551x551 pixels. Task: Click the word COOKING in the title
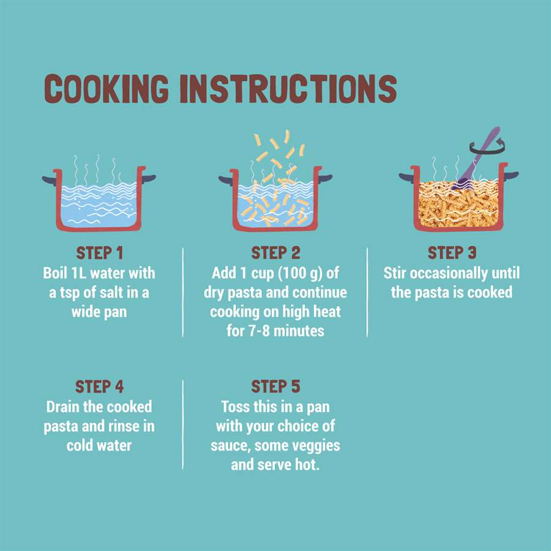107,89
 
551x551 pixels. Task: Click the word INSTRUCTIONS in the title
288,89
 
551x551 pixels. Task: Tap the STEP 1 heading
99,253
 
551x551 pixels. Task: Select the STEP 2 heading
275,253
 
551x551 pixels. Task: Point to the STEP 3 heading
452,253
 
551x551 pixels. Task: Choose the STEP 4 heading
99,387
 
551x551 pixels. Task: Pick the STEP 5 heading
275,387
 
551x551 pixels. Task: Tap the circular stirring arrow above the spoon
487,147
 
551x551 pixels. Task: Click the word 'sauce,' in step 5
230,446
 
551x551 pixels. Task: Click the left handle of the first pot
49,179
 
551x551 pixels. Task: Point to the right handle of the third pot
512,175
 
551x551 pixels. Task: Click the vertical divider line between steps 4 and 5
183,424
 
